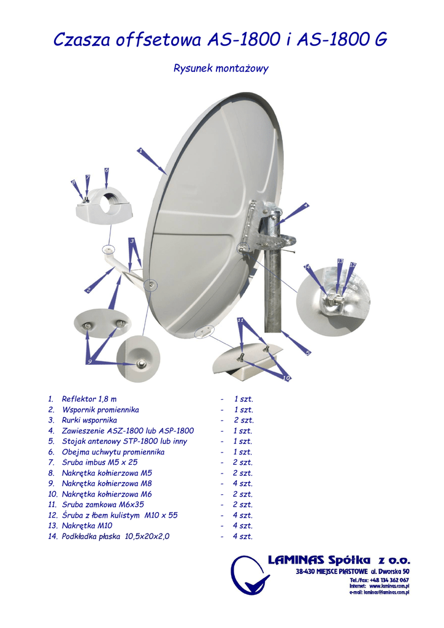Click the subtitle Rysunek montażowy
(x=221, y=69)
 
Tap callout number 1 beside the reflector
(x=140, y=150)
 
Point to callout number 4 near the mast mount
(x=305, y=204)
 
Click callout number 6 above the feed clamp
(x=106, y=170)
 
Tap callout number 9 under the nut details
(x=90, y=362)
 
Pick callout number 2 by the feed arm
(x=88, y=289)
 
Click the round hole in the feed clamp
(x=111, y=203)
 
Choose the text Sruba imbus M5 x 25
(x=99, y=462)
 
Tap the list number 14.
(x=52, y=537)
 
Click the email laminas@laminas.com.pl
(x=386, y=592)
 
